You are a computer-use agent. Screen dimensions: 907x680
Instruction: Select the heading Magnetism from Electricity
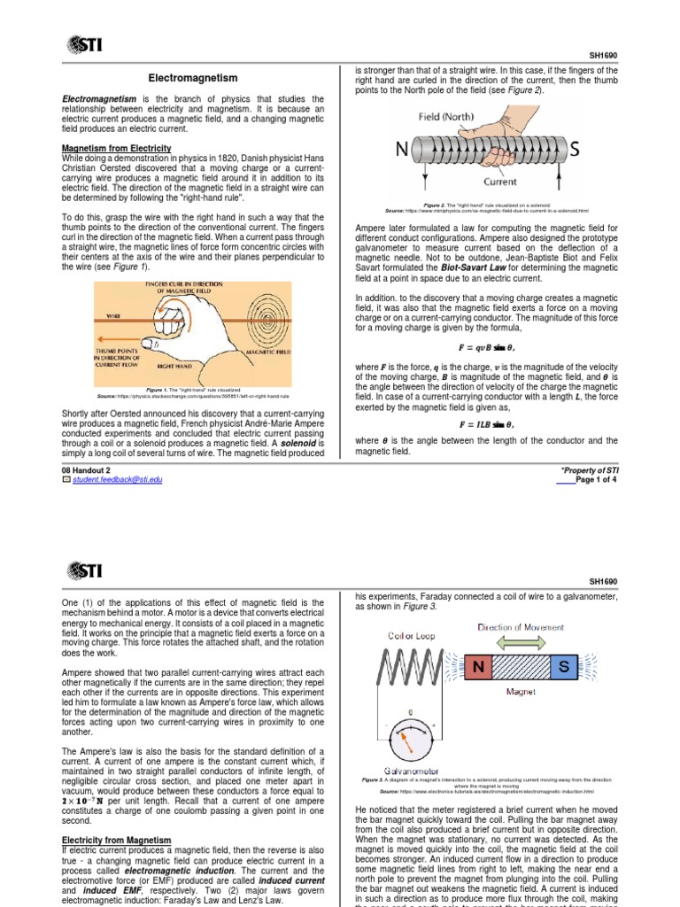coord(116,148)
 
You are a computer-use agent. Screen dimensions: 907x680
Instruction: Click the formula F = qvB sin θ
coord(486,347)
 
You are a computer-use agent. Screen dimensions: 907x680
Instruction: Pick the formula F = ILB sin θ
coord(486,423)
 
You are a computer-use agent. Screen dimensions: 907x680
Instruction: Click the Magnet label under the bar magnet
coord(521,693)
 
